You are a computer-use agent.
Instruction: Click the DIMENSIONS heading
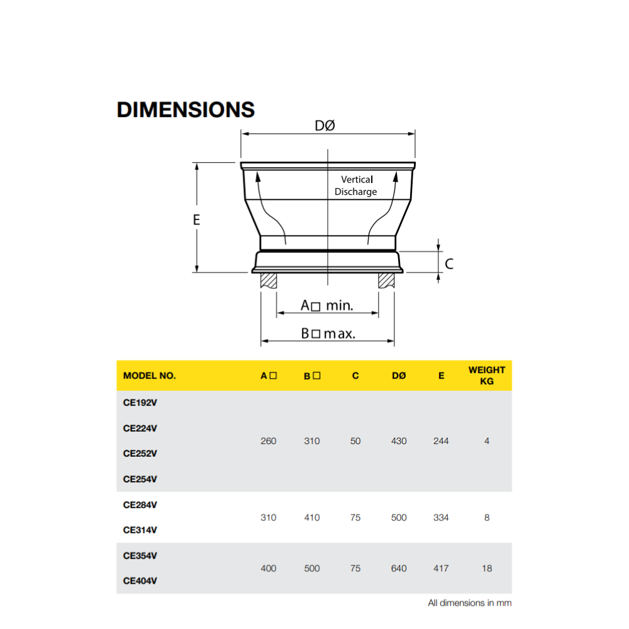click(x=186, y=109)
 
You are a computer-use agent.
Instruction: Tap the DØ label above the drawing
click(x=325, y=126)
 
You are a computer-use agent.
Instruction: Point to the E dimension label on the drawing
click(x=196, y=220)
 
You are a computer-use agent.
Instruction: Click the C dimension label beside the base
click(x=448, y=264)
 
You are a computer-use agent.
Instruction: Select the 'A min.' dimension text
click(x=326, y=306)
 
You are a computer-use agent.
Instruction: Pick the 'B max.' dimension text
click(x=328, y=333)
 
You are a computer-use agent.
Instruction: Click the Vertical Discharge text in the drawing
click(x=356, y=186)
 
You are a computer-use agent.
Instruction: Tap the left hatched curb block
click(x=269, y=281)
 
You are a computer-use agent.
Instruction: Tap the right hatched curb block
click(x=386, y=281)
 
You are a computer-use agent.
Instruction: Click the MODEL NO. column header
click(x=150, y=376)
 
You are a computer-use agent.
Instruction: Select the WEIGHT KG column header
click(x=486, y=376)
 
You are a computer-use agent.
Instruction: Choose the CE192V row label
click(x=140, y=403)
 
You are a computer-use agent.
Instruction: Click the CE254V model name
click(x=140, y=479)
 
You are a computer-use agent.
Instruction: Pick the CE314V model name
click(x=140, y=530)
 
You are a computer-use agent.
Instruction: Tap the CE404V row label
click(x=140, y=581)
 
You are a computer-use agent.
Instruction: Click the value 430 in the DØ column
click(x=399, y=441)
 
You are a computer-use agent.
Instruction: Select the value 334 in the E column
click(x=441, y=518)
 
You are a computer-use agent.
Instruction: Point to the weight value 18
click(x=487, y=568)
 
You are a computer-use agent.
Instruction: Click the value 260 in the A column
click(x=268, y=441)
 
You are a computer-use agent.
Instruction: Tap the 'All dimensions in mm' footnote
click(x=469, y=603)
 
